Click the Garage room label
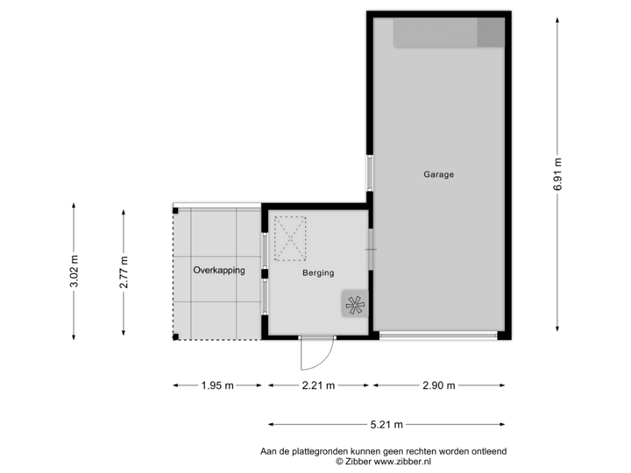pyautogui.click(x=438, y=174)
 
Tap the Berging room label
pyautogui.click(x=318, y=273)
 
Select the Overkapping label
pyautogui.click(x=219, y=271)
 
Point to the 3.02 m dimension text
pyautogui.click(x=74, y=271)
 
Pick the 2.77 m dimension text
pyautogui.click(x=124, y=271)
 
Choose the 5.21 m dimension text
pyautogui.click(x=386, y=425)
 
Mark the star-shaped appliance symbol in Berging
pyautogui.click(x=356, y=305)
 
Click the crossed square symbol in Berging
pyautogui.click(x=290, y=238)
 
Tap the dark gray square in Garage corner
pyautogui.click(x=491, y=33)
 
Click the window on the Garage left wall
pyautogui.click(x=370, y=173)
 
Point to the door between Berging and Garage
pyautogui.click(x=371, y=250)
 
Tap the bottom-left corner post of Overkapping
pyautogui.click(x=175, y=337)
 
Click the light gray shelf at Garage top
pyautogui.click(x=435, y=33)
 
